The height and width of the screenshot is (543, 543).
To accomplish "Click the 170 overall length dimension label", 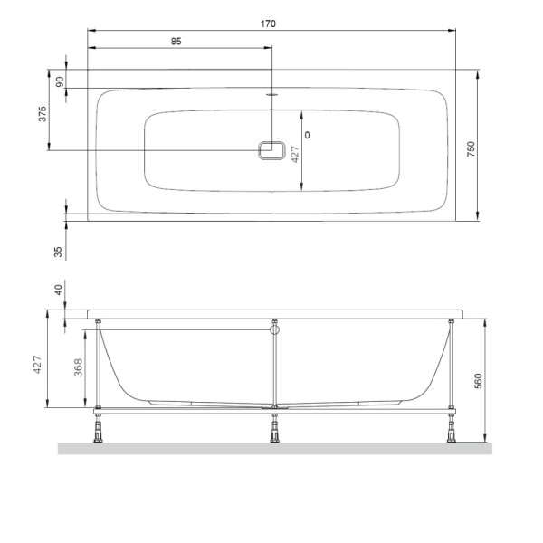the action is tap(268, 24).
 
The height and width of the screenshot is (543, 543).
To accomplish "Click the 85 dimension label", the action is tap(176, 42).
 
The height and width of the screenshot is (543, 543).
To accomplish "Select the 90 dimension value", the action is tap(60, 81).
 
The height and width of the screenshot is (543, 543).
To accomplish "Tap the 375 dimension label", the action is tap(42, 114).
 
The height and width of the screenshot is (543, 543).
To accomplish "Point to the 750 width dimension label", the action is tap(471, 149).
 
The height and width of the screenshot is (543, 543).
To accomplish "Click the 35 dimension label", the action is tap(58, 252).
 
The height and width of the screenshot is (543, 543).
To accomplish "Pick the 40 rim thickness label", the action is tap(58, 290).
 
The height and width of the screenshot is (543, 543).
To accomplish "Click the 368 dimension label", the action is tap(78, 367).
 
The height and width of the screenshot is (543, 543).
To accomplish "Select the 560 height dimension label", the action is tap(478, 381).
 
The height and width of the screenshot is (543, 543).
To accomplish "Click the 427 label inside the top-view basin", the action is tap(295, 155).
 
